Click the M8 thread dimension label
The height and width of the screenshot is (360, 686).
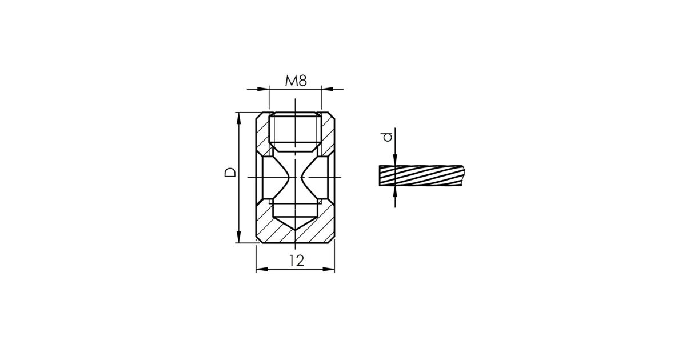click(296, 81)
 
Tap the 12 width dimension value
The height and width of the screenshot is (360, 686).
click(297, 261)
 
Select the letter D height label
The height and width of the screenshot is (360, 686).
click(230, 173)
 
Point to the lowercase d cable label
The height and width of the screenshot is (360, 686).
click(388, 137)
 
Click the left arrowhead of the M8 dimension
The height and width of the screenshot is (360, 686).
click(263, 89)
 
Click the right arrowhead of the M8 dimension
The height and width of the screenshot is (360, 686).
click(327, 89)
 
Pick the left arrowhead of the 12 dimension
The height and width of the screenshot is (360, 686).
click(262, 269)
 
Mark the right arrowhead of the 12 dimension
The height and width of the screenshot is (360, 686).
click(329, 269)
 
